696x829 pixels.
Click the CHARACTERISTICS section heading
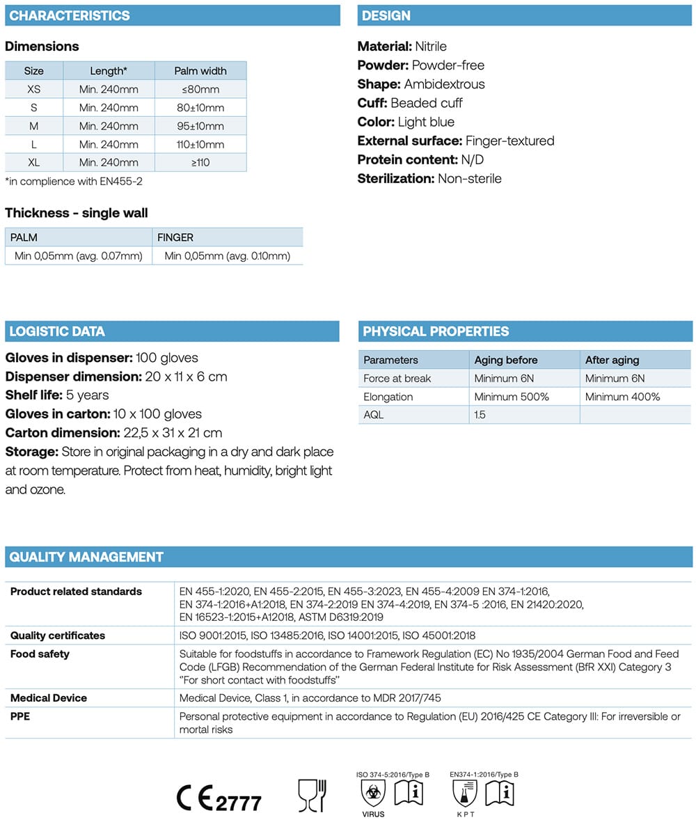70,15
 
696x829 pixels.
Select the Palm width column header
200,71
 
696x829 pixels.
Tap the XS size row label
34,90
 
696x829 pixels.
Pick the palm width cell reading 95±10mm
200,126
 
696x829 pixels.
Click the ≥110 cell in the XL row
200,162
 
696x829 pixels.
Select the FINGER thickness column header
175,237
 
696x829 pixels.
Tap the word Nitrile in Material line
431,47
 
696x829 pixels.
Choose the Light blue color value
426,122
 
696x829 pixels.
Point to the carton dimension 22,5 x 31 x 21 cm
177,433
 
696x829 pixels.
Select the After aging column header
612,360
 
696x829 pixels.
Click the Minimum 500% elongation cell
512,397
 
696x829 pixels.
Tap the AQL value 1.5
481,415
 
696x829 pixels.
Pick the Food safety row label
40,654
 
